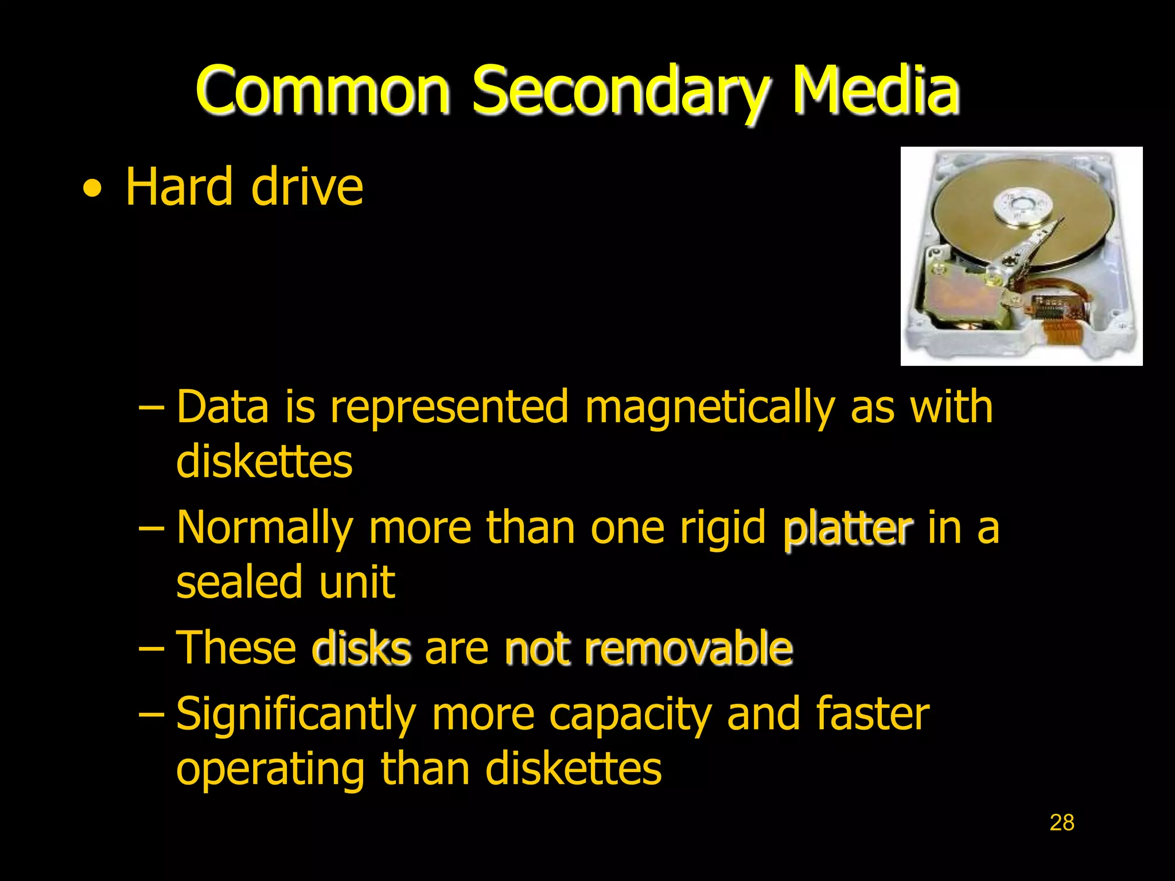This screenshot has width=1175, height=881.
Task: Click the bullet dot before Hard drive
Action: tap(92, 189)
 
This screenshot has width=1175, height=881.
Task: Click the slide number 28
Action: tap(1061, 822)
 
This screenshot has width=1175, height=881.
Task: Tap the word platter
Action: tap(847, 528)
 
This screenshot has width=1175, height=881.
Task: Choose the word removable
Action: tap(688, 648)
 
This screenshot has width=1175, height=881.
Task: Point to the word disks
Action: tap(361, 648)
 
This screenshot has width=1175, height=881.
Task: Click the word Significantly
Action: tap(295, 715)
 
